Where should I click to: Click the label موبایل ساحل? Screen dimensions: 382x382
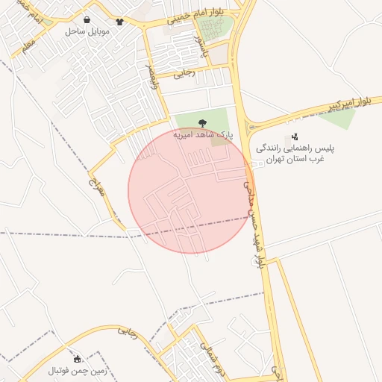[87, 31]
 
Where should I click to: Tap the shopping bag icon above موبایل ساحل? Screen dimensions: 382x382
[88, 20]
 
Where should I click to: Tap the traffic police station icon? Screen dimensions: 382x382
[295, 137]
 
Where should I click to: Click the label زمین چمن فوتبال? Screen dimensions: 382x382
[78, 371]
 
